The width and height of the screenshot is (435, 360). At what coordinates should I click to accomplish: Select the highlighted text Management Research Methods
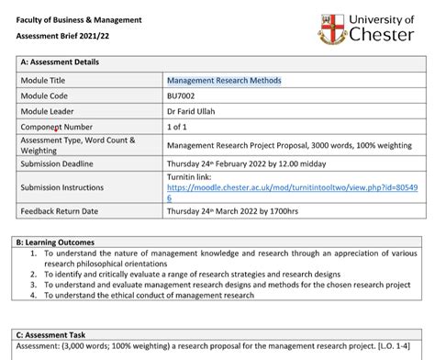[224, 80]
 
